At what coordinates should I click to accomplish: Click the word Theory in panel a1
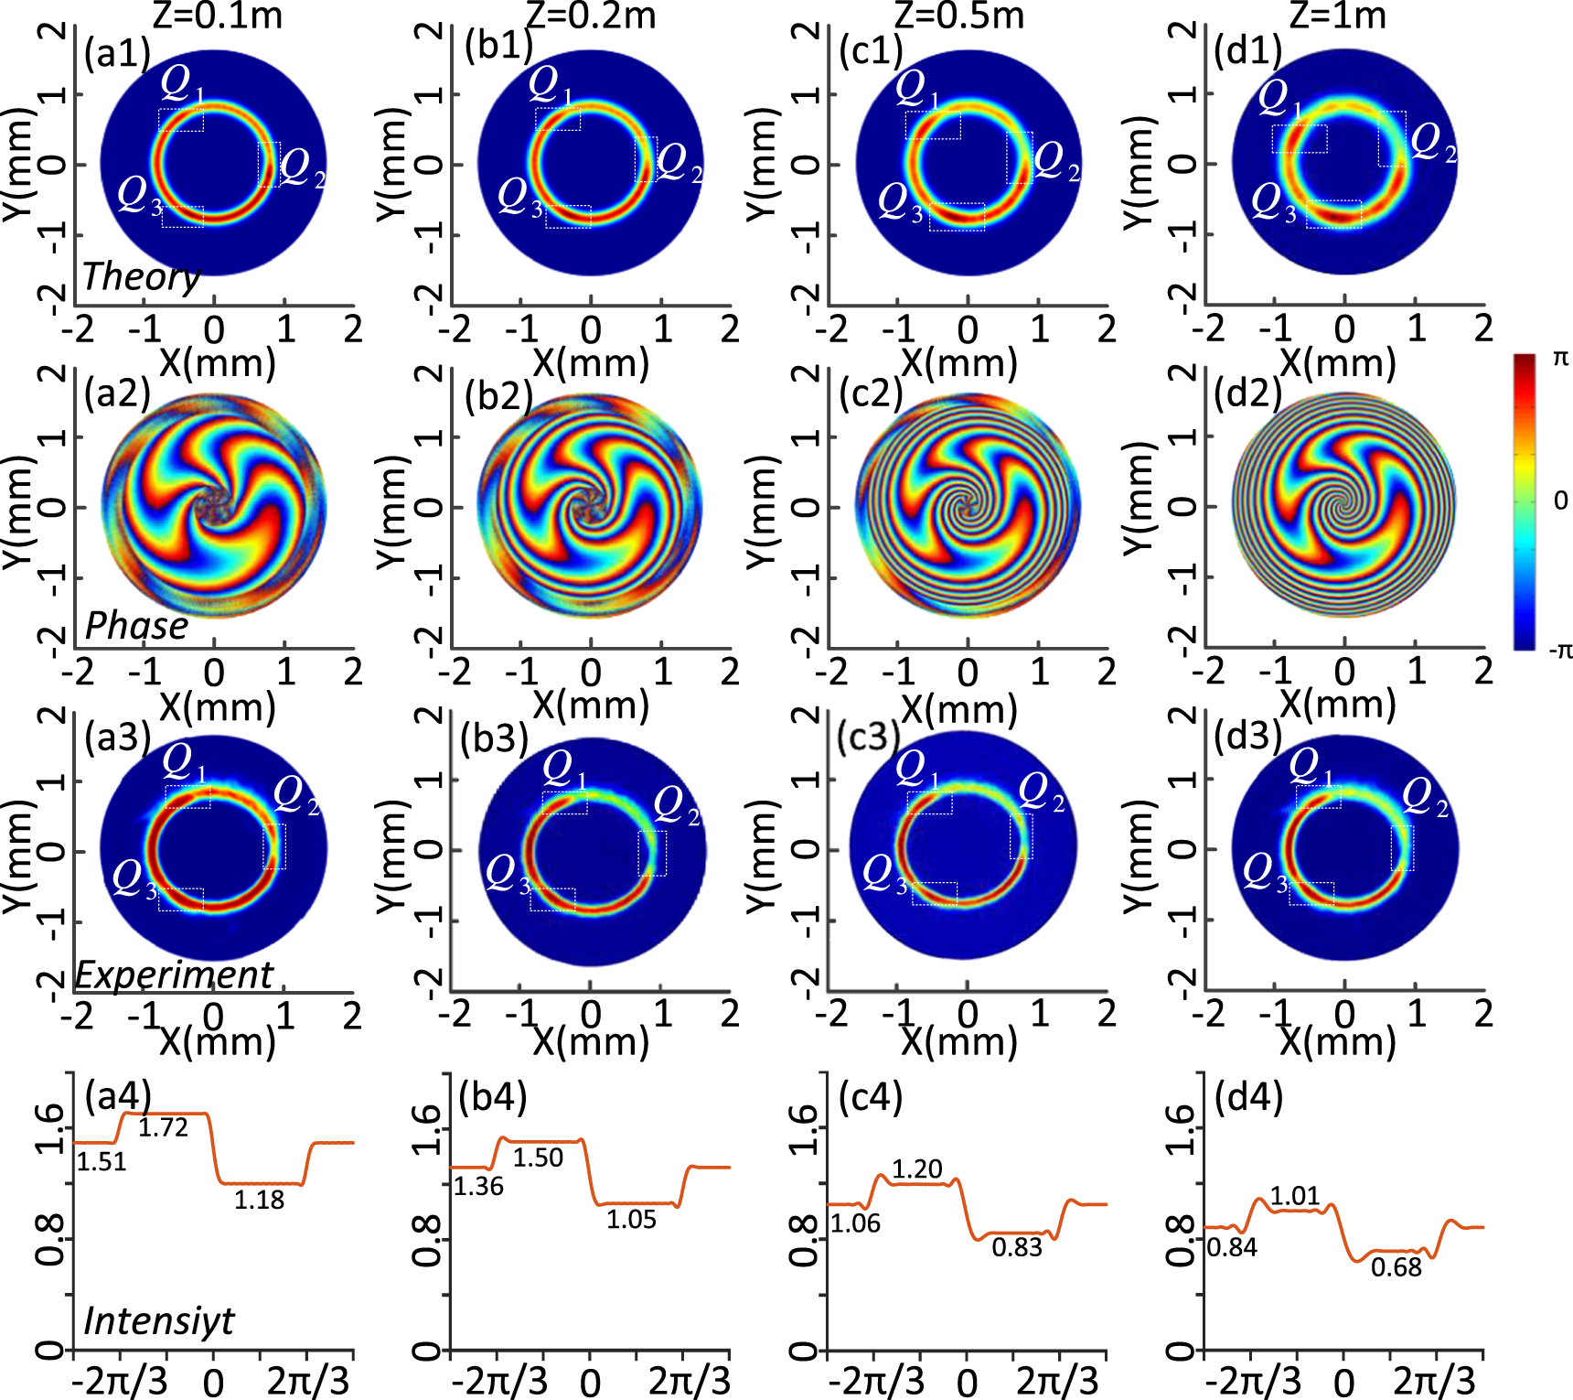point(142,275)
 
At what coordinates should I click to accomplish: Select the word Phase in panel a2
point(136,626)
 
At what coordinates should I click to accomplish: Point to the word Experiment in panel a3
point(174,975)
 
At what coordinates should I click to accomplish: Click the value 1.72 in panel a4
point(163,1127)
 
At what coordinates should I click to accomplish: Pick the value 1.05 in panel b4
point(631,1219)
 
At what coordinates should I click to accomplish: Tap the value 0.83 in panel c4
point(1017,1247)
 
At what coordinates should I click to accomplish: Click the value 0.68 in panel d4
point(1396,1267)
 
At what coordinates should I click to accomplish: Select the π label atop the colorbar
point(1560,359)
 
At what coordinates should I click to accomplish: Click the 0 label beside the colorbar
point(1560,501)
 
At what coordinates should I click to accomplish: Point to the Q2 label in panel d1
point(1432,142)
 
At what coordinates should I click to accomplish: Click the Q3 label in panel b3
point(508,874)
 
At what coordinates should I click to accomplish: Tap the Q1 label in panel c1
point(916,89)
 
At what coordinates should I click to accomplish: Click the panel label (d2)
point(1247,393)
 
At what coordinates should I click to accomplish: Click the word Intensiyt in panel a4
point(159,1320)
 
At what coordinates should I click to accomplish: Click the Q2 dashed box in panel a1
point(269,164)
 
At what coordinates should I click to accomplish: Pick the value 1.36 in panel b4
point(478,1186)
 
